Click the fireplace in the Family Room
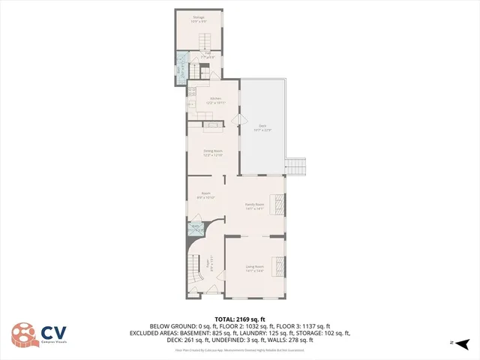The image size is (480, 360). pos(280,204)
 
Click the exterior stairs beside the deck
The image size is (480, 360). pos(297,166)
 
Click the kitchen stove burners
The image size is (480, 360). pos(193,91)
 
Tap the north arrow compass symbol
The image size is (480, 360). pos(462,343)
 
